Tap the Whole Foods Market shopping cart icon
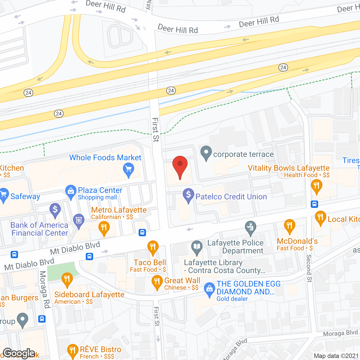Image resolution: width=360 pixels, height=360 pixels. [129, 169]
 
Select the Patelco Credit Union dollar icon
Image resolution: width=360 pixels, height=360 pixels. [188, 195]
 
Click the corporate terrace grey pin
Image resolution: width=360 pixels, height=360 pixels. [206, 152]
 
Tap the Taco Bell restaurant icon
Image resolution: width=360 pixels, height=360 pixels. [153, 247]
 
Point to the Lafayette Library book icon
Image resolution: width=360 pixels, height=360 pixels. [197, 247]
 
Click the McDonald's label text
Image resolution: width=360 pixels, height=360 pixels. [297, 241]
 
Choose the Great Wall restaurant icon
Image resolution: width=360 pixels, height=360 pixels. [157, 282]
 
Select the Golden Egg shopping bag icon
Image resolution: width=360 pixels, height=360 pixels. [209, 289]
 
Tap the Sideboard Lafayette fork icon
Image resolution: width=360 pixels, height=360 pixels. [67, 279]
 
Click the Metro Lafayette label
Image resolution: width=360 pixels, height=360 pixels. [119, 210]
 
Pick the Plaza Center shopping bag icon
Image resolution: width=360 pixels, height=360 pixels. [71, 191]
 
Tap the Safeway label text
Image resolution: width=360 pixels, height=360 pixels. [25, 196]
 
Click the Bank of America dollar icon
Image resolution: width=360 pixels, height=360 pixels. [55, 210]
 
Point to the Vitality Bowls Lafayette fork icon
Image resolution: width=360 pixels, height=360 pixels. [316, 186]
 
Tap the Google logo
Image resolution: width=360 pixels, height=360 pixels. [19, 353]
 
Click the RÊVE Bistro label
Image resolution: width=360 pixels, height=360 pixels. [100, 350]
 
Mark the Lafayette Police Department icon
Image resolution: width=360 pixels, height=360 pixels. [250, 228]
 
